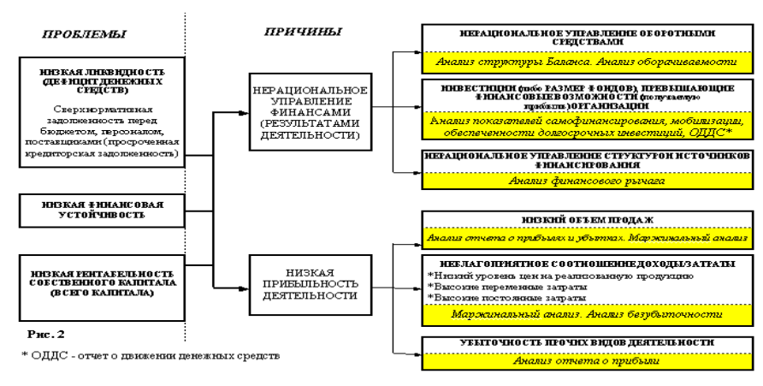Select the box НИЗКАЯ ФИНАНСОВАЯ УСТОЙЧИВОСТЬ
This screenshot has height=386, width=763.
coord(102,211)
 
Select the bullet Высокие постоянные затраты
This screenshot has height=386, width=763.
coord(496,298)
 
